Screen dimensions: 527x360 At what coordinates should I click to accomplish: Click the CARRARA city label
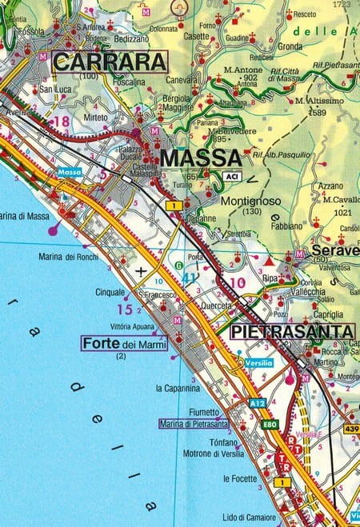point(110,62)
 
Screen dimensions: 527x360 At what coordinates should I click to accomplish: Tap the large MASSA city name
point(200,158)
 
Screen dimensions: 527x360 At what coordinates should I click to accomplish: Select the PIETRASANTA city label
point(292,331)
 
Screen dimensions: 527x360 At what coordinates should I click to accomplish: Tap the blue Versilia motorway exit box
point(260,363)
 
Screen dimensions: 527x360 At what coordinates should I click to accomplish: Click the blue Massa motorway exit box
point(70,172)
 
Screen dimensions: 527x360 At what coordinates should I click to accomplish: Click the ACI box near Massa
point(232,175)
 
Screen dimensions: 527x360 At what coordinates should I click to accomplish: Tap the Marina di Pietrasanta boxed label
point(194,423)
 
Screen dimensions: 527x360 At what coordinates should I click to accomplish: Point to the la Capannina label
point(178,388)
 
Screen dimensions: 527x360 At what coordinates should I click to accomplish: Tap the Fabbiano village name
point(292,226)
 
